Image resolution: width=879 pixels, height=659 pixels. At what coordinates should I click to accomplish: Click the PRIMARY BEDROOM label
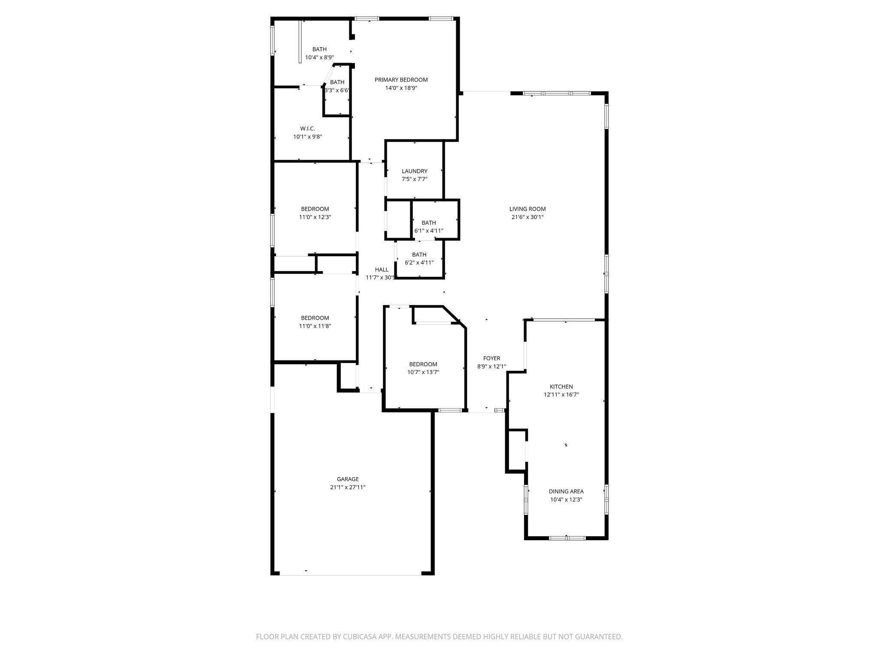pyautogui.click(x=401, y=80)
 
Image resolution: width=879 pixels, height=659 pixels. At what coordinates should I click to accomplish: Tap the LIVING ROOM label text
pyautogui.click(x=527, y=209)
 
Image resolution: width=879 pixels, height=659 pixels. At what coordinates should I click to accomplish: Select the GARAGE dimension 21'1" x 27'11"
pyautogui.click(x=347, y=487)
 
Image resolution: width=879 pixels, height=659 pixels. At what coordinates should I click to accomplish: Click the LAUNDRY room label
pyautogui.click(x=414, y=171)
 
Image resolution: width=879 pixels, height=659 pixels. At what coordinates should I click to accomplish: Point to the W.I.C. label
pyautogui.click(x=307, y=129)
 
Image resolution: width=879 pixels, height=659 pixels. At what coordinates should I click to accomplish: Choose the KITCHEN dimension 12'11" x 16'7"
pyautogui.click(x=561, y=395)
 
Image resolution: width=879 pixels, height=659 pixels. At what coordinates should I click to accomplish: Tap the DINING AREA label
pyautogui.click(x=566, y=492)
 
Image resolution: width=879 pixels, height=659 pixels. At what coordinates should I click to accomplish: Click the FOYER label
pyautogui.click(x=491, y=359)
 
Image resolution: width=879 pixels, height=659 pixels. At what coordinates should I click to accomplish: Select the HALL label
pyautogui.click(x=381, y=270)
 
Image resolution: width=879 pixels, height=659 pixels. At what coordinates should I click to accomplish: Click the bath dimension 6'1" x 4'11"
pyautogui.click(x=428, y=231)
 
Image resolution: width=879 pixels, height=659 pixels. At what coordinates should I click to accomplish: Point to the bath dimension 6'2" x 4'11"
pyautogui.click(x=419, y=263)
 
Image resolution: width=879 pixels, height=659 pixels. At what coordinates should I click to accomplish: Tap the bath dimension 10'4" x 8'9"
pyautogui.click(x=319, y=57)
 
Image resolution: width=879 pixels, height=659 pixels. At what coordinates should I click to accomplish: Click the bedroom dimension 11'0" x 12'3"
pyautogui.click(x=315, y=217)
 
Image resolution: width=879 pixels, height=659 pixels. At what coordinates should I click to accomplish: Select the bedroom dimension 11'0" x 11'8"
pyautogui.click(x=315, y=326)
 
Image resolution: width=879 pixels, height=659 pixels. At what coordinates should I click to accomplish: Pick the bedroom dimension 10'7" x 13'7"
pyautogui.click(x=423, y=372)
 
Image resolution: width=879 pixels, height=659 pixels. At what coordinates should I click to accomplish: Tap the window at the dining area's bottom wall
pyautogui.click(x=567, y=538)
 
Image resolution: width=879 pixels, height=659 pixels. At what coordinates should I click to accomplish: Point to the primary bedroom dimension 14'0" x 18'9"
pyautogui.click(x=401, y=88)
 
